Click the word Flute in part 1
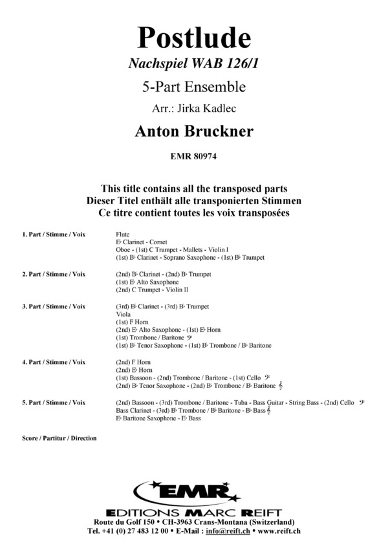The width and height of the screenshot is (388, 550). coord(122,233)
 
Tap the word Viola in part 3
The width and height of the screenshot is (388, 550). coord(122,314)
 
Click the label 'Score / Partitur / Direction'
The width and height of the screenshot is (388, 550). coord(59,438)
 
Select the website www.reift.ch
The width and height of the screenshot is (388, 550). coord(279,530)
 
